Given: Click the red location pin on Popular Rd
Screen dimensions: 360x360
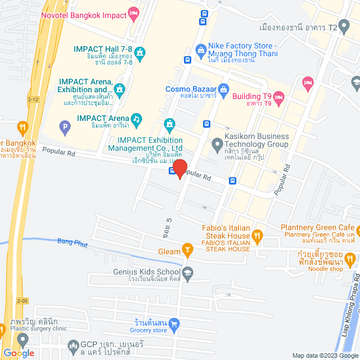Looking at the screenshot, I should point(179,168).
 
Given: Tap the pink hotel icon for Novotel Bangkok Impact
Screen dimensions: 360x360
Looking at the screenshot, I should point(133,12).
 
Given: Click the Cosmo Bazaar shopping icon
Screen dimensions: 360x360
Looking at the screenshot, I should point(223,89).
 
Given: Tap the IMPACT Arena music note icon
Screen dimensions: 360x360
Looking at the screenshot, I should point(136,119).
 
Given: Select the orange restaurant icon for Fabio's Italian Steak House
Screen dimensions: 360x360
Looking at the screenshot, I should point(258,236).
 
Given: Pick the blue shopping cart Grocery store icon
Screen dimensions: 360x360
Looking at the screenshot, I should point(174,323).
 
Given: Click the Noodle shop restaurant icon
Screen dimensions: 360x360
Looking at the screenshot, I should point(350,259).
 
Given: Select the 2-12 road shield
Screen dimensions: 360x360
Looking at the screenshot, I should point(33,99).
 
